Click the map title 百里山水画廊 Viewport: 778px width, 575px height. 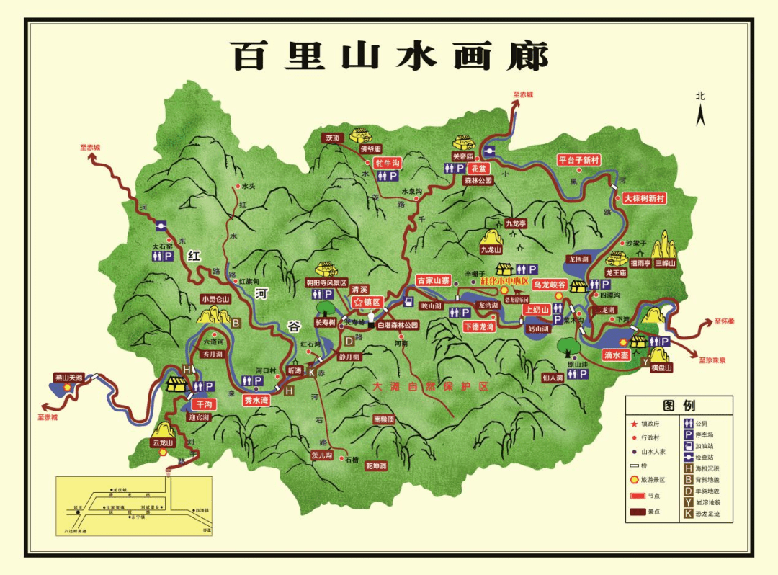pyautogui.click(x=389, y=56)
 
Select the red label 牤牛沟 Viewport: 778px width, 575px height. pyautogui.click(x=383, y=163)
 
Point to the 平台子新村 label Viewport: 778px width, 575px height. pyautogui.click(x=578, y=160)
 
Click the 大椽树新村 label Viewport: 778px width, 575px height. pyautogui.click(x=645, y=198)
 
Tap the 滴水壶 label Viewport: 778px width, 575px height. pyautogui.click(x=617, y=355)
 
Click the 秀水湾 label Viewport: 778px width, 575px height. pyautogui.click(x=256, y=400)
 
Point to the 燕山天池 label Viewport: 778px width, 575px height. pyautogui.click(x=69, y=377)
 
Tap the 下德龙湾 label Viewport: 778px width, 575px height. pyautogui.click(x=480, y=326)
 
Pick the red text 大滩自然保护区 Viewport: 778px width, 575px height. pyautogui.click(x=430, y=387)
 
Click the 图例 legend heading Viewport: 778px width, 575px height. pyautogui.click(x=679, y=406)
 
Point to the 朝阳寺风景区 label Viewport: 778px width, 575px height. pyautogui.click(x=326, y=283)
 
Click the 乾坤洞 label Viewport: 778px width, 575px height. pyautogui.click(x=376, y=466)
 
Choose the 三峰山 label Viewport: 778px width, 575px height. pyautogui.click(x=666, y=264)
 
